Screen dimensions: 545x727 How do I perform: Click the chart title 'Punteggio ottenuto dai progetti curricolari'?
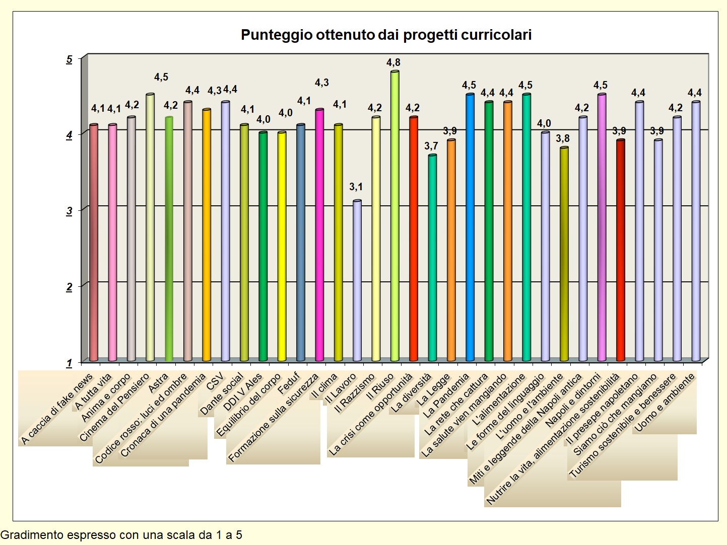[386, 35]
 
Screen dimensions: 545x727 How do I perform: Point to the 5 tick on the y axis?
[70, 59]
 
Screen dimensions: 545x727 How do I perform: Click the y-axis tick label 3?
[70, 211]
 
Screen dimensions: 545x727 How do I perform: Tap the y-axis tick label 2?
[70, 287]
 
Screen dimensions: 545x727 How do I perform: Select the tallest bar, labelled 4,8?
[394, 216]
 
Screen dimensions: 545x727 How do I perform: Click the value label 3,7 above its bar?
[431, 146]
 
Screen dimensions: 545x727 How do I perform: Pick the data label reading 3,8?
[563, 138]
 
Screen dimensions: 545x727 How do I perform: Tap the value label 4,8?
[393, 62]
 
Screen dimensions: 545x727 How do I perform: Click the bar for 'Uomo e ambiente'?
[696, 231]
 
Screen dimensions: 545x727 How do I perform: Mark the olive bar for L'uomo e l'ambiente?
[564, 254]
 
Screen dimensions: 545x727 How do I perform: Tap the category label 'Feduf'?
[289, 383]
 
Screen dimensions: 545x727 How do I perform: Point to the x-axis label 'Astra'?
[159, 384]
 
